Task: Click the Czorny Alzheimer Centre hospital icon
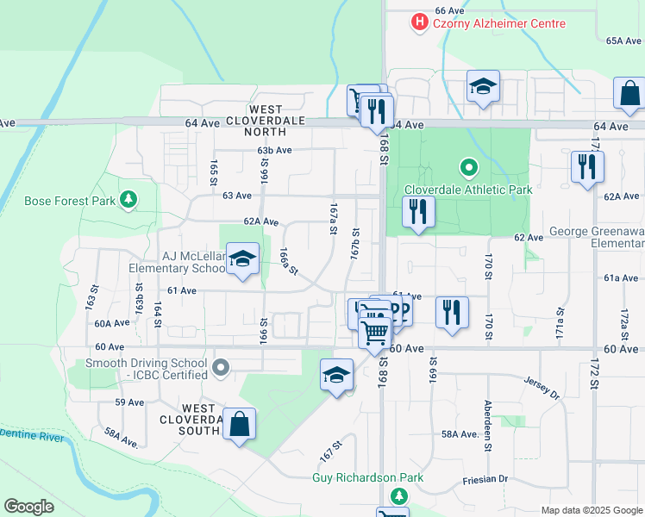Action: click(420, 22)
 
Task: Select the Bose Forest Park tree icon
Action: click(128, 201)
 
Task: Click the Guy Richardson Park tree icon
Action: click(398, 495)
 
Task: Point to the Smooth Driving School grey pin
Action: click(221, 369)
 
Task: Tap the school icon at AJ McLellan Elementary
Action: click(242, 259)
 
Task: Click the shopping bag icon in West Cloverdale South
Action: click(240, 424)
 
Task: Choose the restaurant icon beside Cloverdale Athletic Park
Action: click(418, 212)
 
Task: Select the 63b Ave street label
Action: click(274, 150)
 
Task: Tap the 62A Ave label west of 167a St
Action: click(260, 221)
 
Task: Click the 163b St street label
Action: click(138, 303)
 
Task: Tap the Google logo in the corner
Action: click(29, 507)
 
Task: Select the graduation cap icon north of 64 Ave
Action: click(483, 86)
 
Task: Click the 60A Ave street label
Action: click(111, 323)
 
